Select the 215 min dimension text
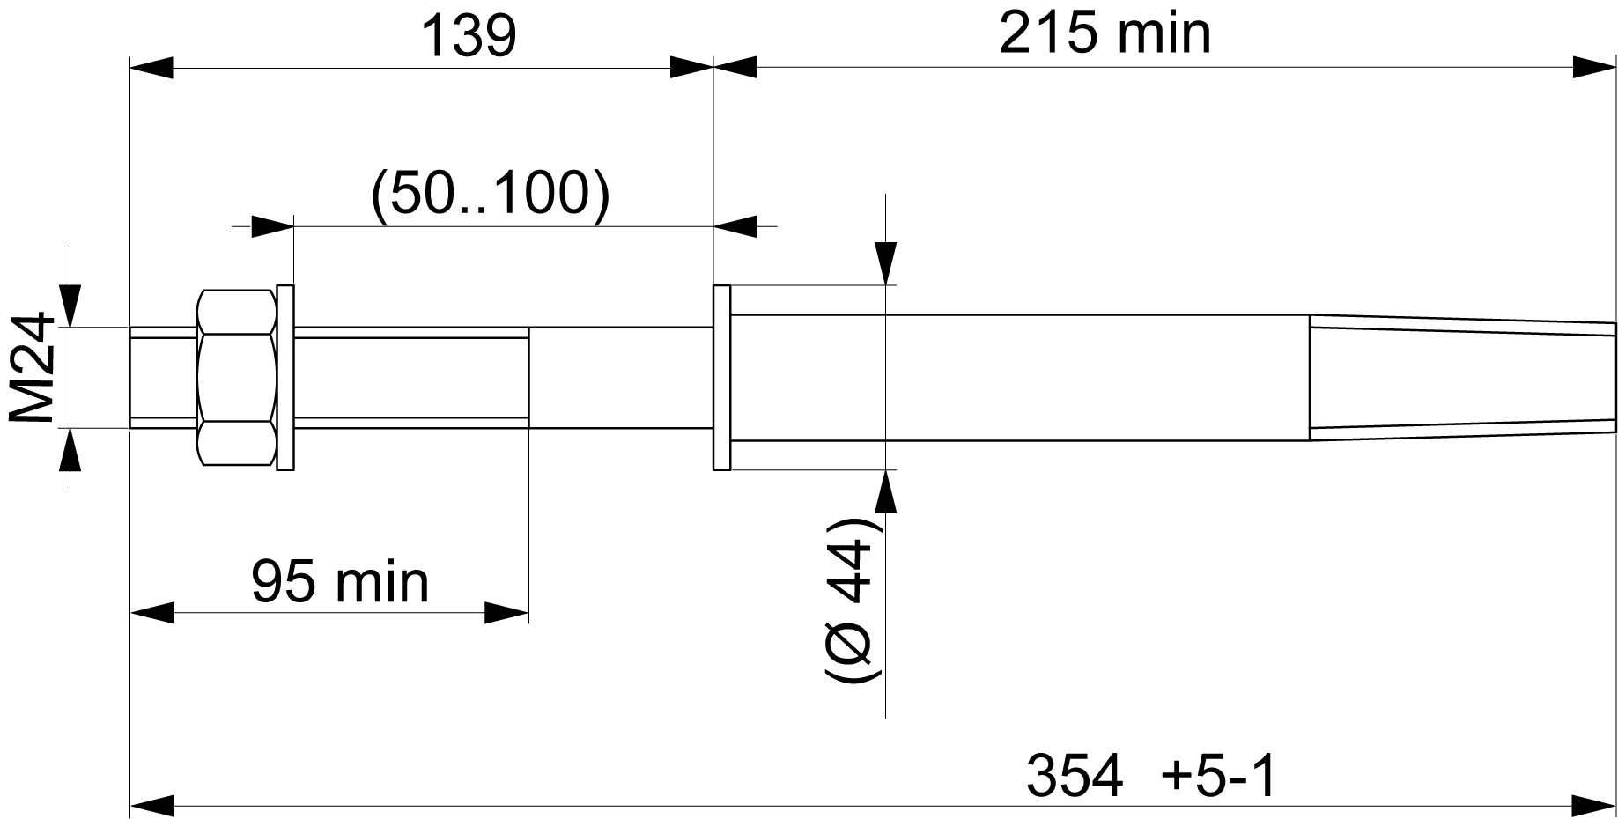[1105, 34]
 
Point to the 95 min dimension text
[340, 582]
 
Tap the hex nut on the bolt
[237, 377]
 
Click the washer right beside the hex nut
[285, 377]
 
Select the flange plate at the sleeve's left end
[721, 377]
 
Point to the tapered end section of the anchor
[1462, 377]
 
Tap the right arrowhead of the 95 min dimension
[506, 612]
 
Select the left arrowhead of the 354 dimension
[151, 804]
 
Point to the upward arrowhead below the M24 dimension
[70, 450]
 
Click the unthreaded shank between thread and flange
[620, 377]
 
